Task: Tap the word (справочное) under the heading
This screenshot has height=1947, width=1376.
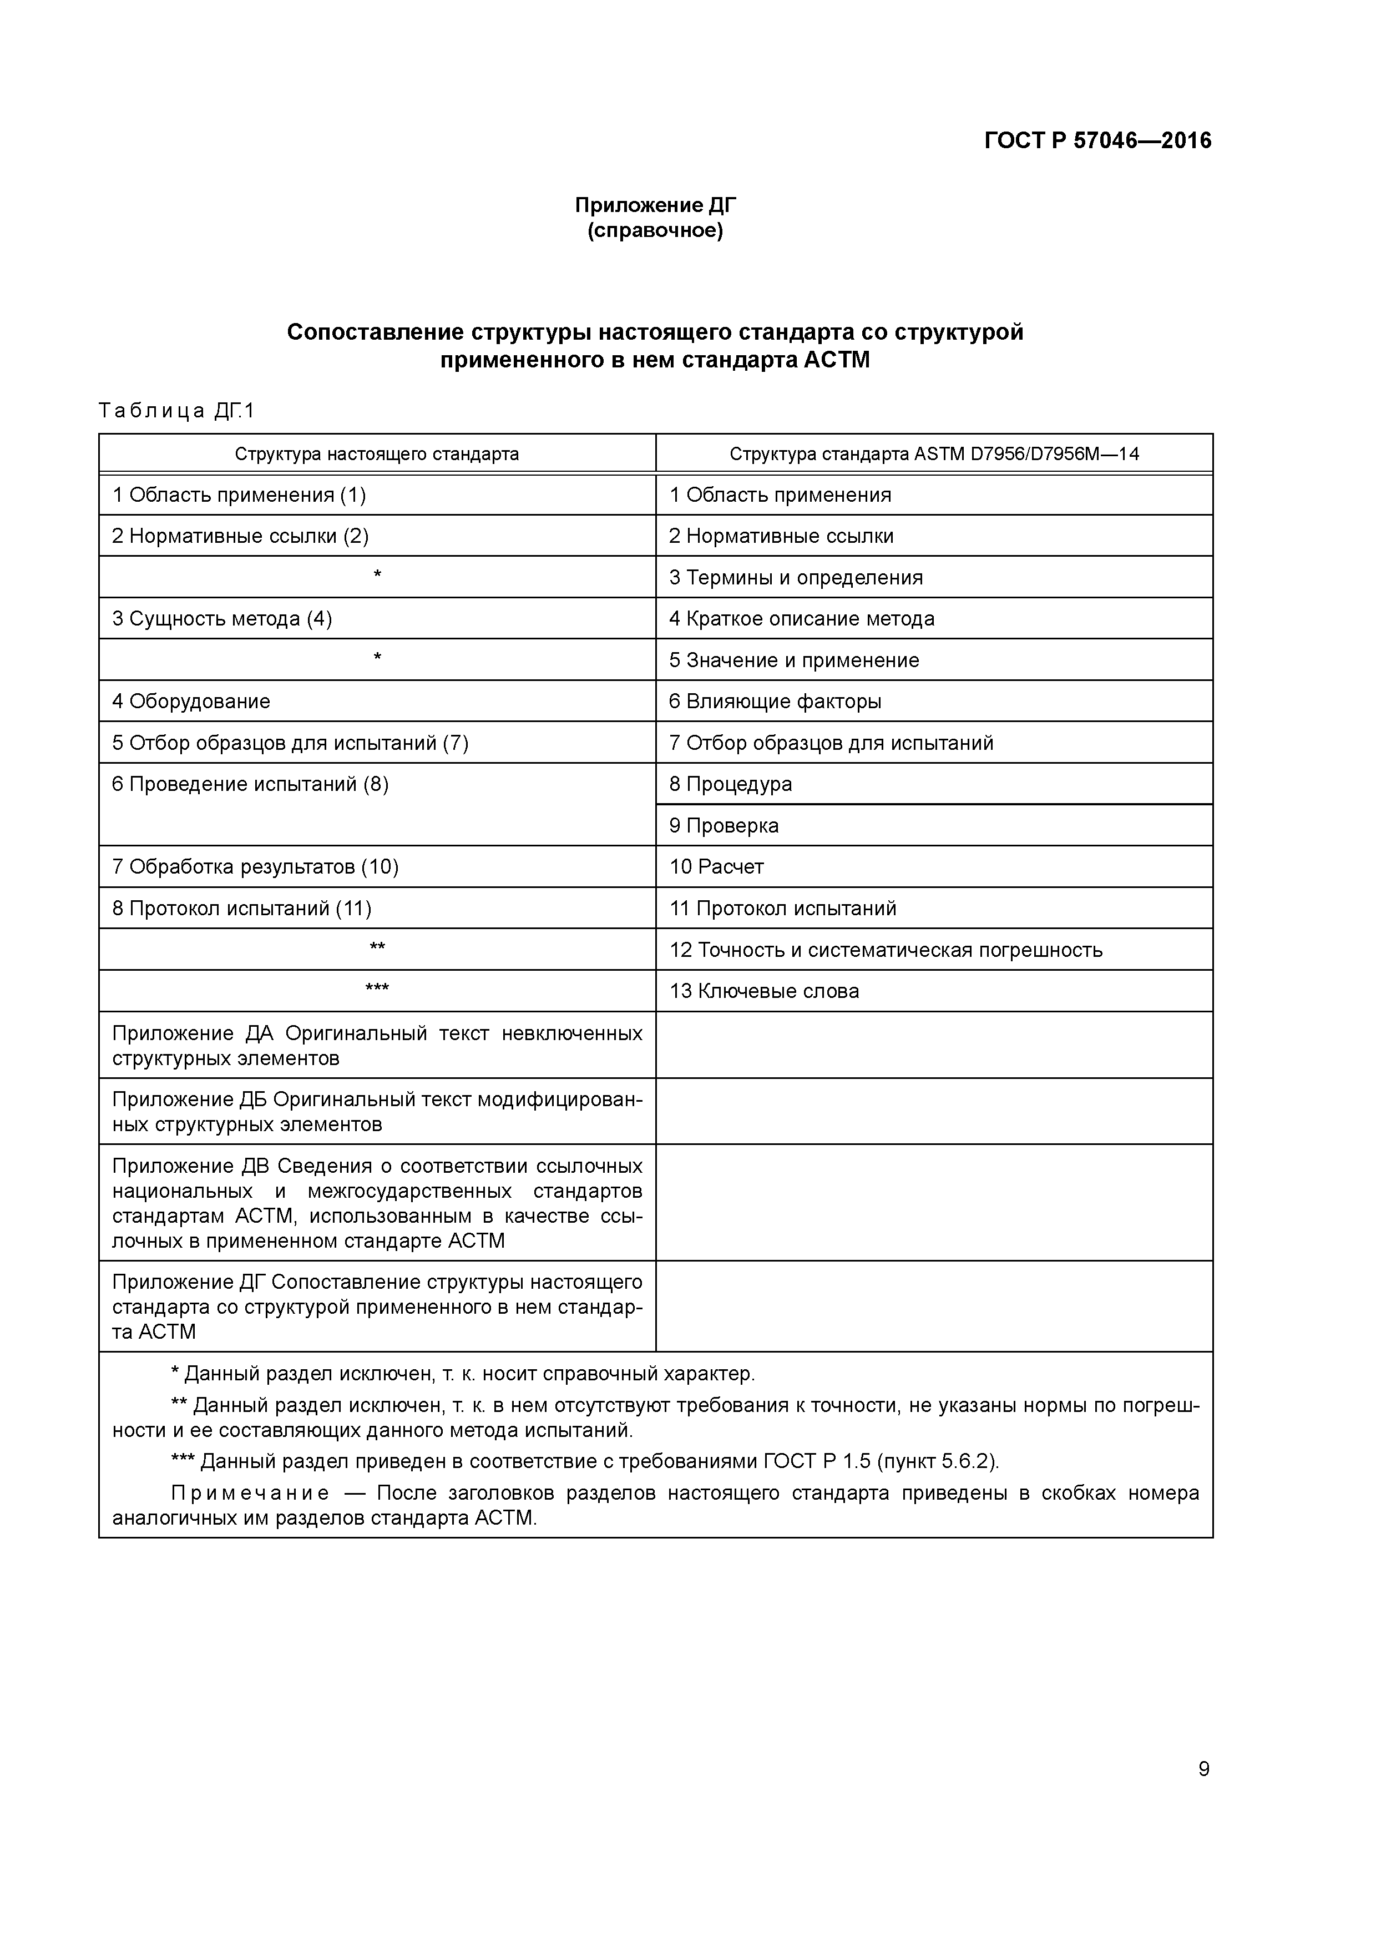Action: pyautogui.click(x=655, y=231)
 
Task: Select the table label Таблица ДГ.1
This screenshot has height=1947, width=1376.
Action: pyautogui.click(x=176, y=411)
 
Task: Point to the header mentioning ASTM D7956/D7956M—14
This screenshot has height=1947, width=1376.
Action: pyautogui.click(x=933, y=453)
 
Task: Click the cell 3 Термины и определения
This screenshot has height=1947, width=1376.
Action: pyautogui.click(x=795, y=577)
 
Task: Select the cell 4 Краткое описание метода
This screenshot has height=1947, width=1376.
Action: pyautogui.click(x=801, y=619)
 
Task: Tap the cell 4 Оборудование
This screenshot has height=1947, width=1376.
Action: pyautogui.click(x=191, y=702)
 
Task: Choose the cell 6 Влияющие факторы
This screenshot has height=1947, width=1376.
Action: pyautogui.click(x=775, y=702)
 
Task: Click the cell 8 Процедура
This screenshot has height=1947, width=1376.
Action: pyautogui.click(x=730, y=784)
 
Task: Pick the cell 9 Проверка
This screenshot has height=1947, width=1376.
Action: pyautogui.click(x=723, y=826)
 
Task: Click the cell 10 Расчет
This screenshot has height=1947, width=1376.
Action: pyautogui.click(x=716, y=866)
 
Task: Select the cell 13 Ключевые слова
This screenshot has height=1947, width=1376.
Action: pyautogui.click(x=764, y=991)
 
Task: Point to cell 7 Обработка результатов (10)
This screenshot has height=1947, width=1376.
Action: pyautogui.click(x=255, y=866)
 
